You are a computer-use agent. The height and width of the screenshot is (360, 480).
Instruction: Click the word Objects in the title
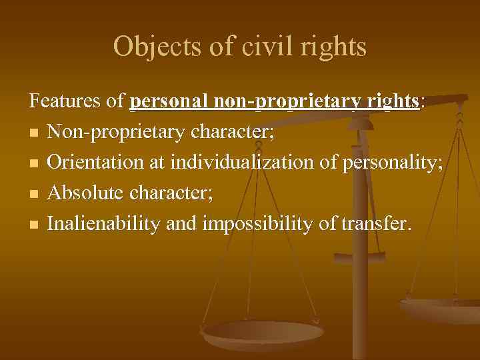click(x=146, y=47)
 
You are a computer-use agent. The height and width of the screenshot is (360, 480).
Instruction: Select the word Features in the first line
click(x=66, y=101)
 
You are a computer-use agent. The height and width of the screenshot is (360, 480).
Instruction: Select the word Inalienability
click(x=105, y=225)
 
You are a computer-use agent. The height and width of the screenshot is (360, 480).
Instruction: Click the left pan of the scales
click(x=262, y=334)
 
